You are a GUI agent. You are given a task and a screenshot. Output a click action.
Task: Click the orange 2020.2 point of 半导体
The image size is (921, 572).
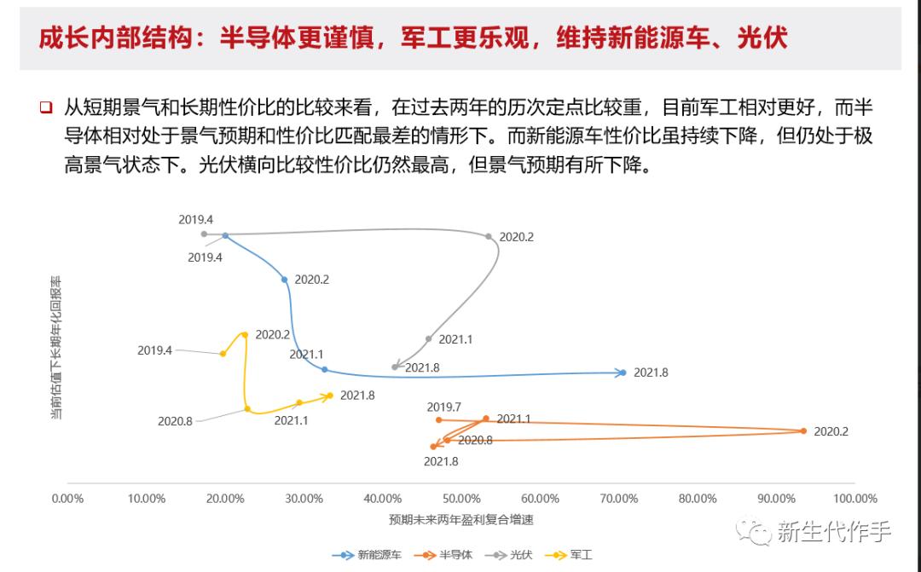click(x=803, y=431)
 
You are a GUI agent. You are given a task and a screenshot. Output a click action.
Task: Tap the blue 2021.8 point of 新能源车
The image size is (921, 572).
click(x=623, y=373)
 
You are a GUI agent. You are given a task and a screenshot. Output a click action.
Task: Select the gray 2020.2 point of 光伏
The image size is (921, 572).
click(x=489, y=237)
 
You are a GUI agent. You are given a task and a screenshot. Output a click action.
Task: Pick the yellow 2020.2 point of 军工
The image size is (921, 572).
click(x=245, y=335)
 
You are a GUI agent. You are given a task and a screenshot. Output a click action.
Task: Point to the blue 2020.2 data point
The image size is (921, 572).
click(x=285, y=280)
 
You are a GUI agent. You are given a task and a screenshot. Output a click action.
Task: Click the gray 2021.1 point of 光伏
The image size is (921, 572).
click(x=429, y=338)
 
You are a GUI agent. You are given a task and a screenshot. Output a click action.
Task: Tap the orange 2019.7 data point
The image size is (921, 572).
click(x=439, y=419)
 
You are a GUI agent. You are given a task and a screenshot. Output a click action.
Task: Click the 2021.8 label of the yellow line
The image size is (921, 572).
click(x=357, y=395)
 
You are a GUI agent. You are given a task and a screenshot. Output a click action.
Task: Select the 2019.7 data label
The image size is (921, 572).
click(x=443, y=407)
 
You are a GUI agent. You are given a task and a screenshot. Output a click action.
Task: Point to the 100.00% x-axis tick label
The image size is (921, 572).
click(x=854, y=499)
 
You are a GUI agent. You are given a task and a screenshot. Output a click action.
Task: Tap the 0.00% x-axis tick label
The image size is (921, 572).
click(x=68, y=499)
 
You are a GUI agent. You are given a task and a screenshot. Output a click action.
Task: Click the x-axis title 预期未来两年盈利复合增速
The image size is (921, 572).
click(x=461, y=519)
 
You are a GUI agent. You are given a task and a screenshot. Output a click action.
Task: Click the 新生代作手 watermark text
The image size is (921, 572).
click(x=834, y=532)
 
